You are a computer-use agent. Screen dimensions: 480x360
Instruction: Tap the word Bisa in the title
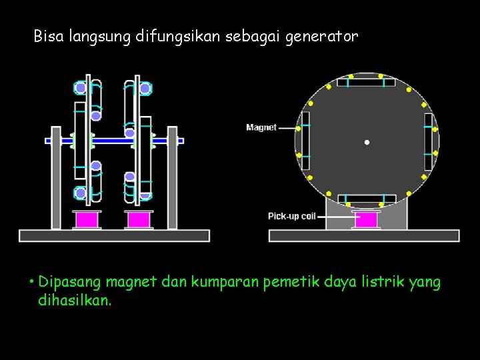pos(48,36)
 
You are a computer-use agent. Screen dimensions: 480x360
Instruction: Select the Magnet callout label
pos(261,127)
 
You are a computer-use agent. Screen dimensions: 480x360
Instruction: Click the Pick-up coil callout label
pos(292,216)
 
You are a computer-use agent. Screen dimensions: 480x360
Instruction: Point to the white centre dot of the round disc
pos(367,142)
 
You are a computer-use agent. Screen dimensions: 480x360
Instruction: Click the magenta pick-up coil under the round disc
pos(366,219)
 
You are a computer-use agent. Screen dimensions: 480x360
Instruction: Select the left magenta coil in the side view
pos(87,219)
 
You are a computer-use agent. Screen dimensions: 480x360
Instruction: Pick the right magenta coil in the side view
pos(139,219)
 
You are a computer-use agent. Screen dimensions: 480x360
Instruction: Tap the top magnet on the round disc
pos(366,82)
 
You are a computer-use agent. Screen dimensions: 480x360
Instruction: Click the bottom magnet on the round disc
pos(366,199)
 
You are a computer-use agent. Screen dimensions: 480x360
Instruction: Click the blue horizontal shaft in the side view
pos(113,141)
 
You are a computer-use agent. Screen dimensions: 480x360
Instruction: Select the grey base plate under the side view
pos(114,235)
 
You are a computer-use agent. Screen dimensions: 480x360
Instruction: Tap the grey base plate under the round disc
pos(363,235)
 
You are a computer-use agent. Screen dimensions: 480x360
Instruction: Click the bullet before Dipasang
pos(31,281)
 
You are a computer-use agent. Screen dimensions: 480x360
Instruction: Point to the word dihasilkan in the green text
pos(75,301)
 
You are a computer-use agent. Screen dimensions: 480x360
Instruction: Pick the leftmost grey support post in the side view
pos(56,177)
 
